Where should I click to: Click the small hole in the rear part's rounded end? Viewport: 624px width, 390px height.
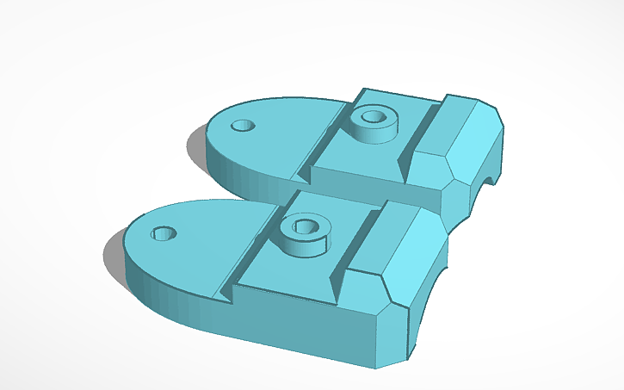click(244, 126)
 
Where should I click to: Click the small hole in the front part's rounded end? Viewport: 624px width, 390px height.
click(164, 233)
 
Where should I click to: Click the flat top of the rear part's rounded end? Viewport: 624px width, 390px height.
click(275, 138)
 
